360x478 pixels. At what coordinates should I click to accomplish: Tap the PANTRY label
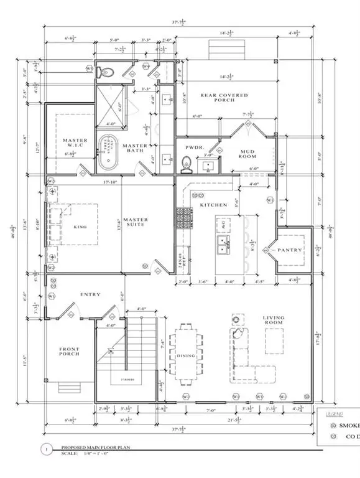[x=290, y=250]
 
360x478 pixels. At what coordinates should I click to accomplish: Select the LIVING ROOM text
[x=274, y=321]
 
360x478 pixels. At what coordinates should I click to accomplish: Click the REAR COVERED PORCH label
[x=224, y=99]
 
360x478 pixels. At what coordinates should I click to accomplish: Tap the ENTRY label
[x=90, y=294]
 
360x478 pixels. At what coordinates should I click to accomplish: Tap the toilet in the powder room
[x=185, y=164]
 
